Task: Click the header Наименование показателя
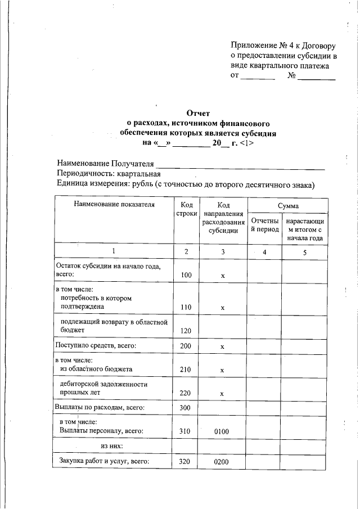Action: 114,204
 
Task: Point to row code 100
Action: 186,276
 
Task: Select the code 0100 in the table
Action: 223,431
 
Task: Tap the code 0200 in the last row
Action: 223,462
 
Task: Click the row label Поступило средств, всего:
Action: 95,345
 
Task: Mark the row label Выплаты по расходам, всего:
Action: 100,407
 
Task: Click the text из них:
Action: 112,446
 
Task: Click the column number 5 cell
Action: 304,252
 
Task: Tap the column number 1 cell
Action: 114,251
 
